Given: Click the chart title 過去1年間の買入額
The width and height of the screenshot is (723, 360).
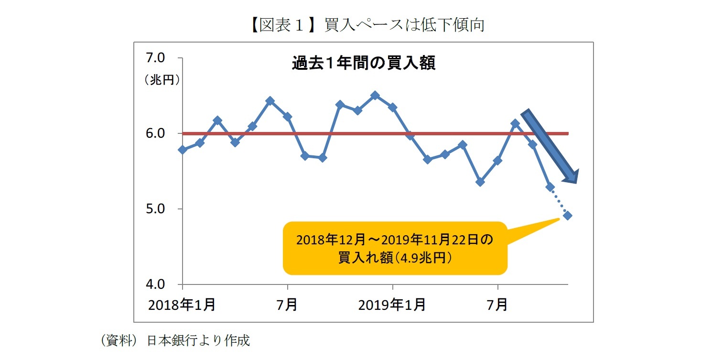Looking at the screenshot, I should click(x=363, y=63).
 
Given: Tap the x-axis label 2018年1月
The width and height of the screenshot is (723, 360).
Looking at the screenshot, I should click(x=182, y=305).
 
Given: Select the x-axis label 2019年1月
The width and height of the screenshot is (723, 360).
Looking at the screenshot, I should click(x=392, y=305).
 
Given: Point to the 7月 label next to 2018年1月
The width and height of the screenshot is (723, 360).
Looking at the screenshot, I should click(x=287, y=305).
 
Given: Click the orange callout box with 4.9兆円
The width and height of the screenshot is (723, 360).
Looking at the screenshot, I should click(x=394, y=248).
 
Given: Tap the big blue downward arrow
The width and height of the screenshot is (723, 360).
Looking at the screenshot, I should click(x=550, y=146).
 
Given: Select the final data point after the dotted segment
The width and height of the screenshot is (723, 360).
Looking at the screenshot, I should click(x=568, y=216).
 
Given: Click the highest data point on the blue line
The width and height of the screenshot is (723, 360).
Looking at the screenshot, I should click(x=375, y=96).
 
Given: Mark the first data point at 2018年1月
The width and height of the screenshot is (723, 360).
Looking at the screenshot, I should click(x=183, y=150).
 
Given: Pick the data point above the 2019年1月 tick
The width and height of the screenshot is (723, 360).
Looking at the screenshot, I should click(x=392, y=108).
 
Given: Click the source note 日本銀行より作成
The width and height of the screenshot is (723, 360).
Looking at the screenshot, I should click(x=198, y=340).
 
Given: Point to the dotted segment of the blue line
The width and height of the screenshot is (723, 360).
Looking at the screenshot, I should click(x=559, y=201).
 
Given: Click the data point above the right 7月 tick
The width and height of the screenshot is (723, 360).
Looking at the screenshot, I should click(x=497, y=161).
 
